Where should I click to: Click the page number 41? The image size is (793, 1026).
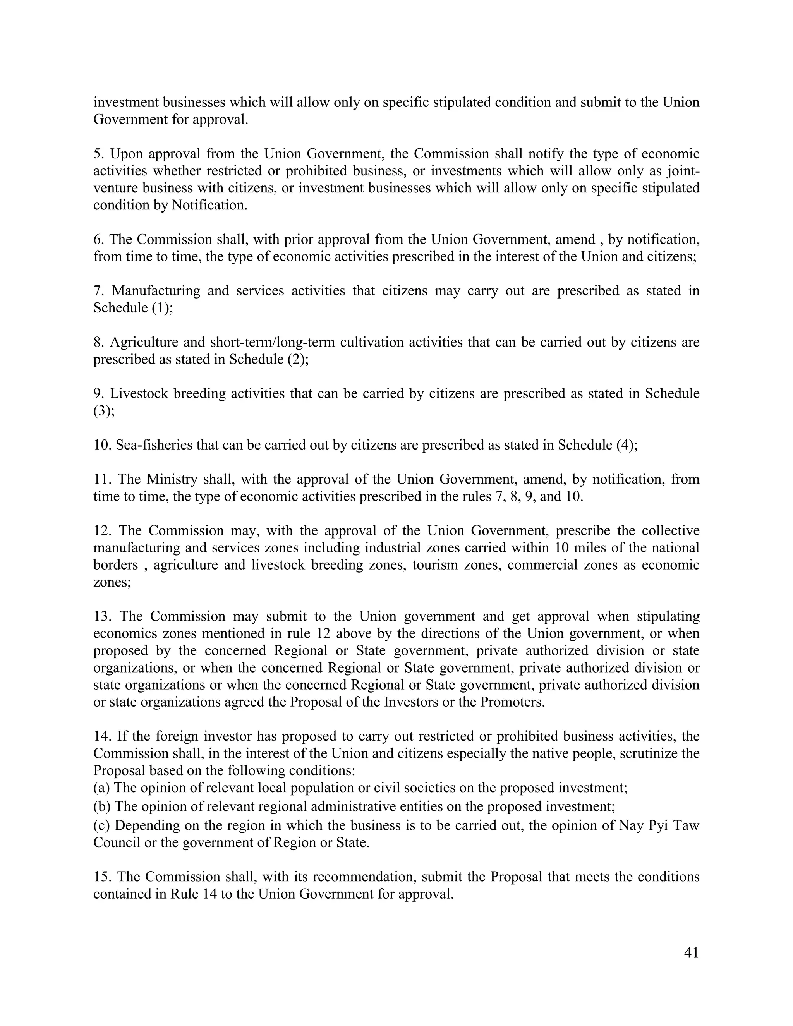click(691, 953)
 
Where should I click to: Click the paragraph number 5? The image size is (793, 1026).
click(97, 154)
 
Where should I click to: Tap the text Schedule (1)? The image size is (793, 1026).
click(133, 308)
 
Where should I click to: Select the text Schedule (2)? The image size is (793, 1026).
click(269, 359)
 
